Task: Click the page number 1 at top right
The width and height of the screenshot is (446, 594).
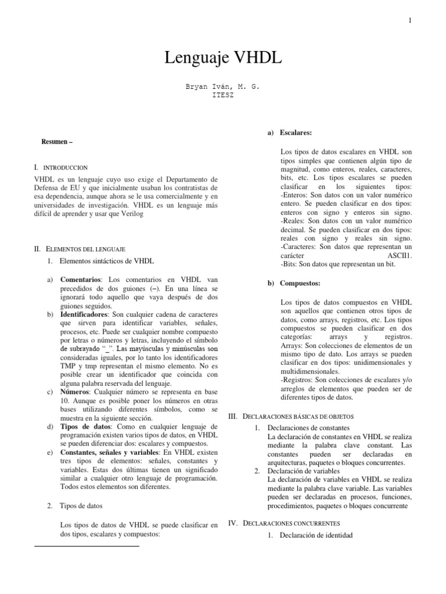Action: coord(410,21)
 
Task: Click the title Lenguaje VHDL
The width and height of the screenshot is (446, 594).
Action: coord(222,57)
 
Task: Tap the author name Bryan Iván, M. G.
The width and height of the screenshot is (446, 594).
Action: coord(223,86)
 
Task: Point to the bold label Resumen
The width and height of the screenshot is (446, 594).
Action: coord(57,142)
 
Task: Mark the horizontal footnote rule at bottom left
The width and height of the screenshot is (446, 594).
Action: coord(87,546)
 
